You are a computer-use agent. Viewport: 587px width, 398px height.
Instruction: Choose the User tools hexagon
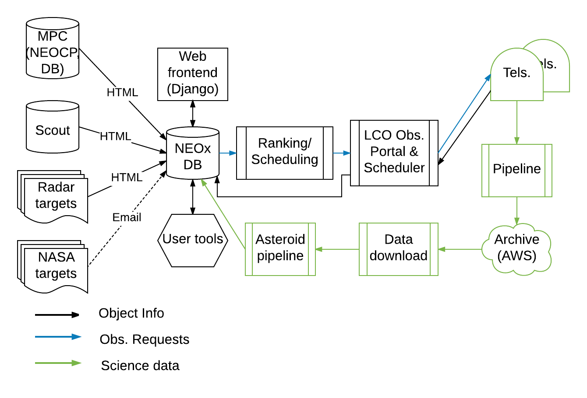click(x=193, y=240)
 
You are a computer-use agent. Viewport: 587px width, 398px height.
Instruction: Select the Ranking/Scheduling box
click(x=285, y=153)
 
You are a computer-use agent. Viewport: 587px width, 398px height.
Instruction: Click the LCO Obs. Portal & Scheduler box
click(x=394, y=153)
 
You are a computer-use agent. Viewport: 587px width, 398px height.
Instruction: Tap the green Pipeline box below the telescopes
click(x=517, y=170)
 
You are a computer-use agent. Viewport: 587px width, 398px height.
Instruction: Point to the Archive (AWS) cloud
click(x=517, y=249)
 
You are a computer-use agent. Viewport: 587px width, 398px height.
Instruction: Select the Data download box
click(x=399, y=249)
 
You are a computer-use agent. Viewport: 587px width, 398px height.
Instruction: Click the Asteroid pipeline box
click(x=280, y=249)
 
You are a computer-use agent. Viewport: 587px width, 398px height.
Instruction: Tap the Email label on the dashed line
click(x=127, y=217)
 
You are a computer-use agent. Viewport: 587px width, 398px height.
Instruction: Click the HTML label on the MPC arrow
click(x=123, y=93)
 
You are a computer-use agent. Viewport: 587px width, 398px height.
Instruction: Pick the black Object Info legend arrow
click(x=57, y=314)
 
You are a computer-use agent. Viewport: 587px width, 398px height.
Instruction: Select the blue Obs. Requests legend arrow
click(x=58, y=337)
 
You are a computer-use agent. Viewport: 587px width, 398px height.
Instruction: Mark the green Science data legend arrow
click(x=58, y=363)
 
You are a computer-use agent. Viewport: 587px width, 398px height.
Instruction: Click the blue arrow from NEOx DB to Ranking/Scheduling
click(x=228, y=153)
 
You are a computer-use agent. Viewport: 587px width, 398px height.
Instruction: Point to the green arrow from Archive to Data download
click(x=460, y=249)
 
